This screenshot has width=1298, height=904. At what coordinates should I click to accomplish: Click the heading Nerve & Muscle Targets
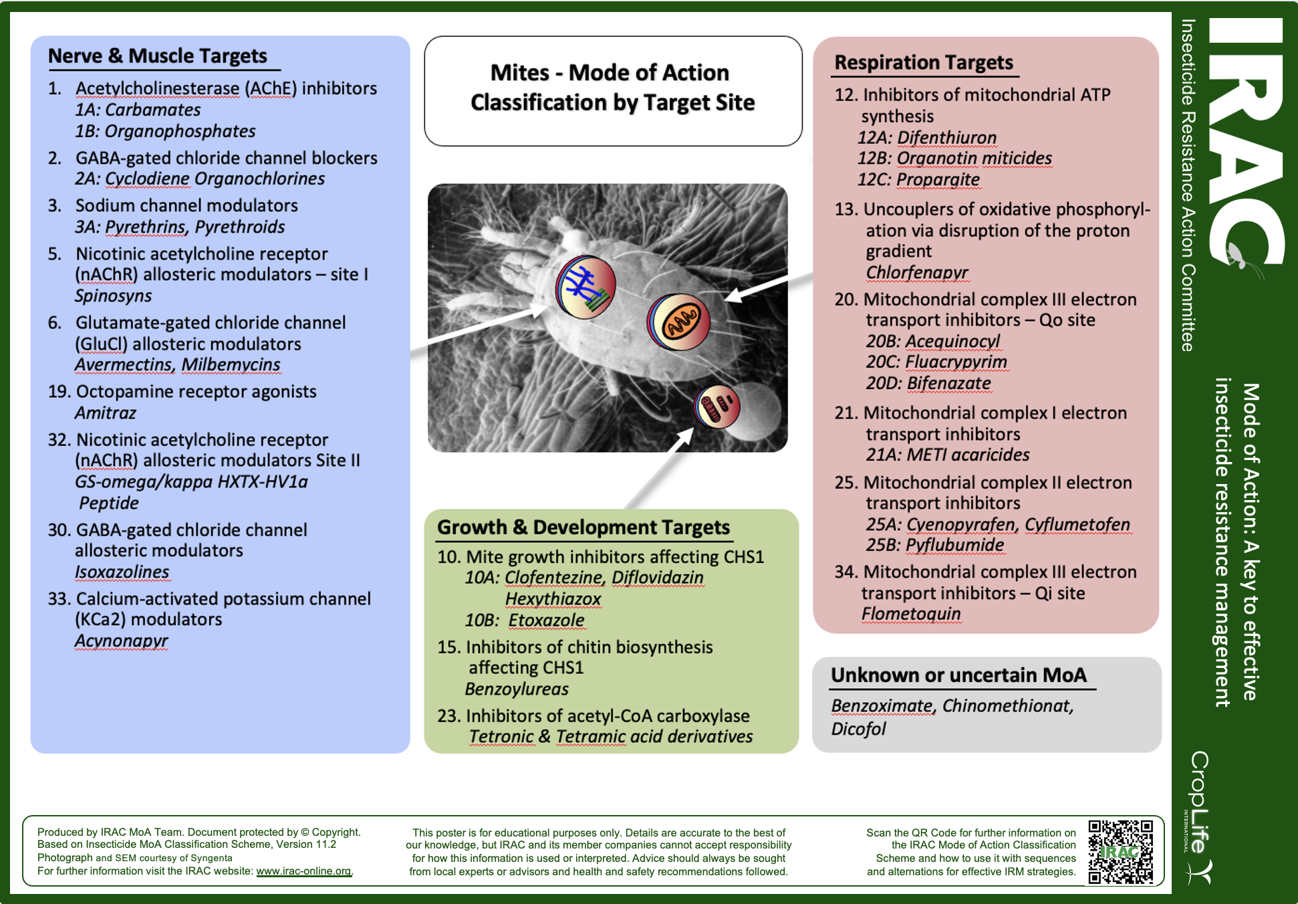click(157, 56)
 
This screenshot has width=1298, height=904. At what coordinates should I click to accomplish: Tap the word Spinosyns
click(113, 296)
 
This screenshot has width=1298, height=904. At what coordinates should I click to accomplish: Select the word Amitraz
click(105, 413)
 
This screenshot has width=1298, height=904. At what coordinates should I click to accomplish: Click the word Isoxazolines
click(122, 572)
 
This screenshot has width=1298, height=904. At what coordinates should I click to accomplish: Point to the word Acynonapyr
click(121, 641)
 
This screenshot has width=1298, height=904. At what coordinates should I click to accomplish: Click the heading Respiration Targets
click(924, 63)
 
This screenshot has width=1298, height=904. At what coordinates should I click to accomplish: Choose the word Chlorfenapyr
click(916, 273)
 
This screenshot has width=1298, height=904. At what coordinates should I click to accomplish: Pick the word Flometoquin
click(910, 614)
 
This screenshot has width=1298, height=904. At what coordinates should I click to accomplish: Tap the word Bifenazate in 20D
click(948, 383)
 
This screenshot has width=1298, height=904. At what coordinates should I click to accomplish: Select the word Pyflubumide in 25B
click(954, 545)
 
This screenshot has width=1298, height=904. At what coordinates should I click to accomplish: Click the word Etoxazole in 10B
click(546, 620)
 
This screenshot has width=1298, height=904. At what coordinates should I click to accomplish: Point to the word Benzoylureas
click(517, 689)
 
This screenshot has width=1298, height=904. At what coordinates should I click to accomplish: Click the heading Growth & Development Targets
click(583, 528)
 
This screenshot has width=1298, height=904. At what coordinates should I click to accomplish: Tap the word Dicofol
click(858, 729)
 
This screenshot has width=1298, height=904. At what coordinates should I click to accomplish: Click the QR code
click(1120, 852)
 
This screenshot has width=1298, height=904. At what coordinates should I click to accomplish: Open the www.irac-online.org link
click(303, 871)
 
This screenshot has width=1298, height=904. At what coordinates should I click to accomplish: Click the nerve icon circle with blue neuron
click(586, 288)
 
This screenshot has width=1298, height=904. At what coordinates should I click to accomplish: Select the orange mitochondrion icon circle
click(678, 322)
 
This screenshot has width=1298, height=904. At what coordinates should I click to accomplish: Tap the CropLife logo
click(1199, 816)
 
